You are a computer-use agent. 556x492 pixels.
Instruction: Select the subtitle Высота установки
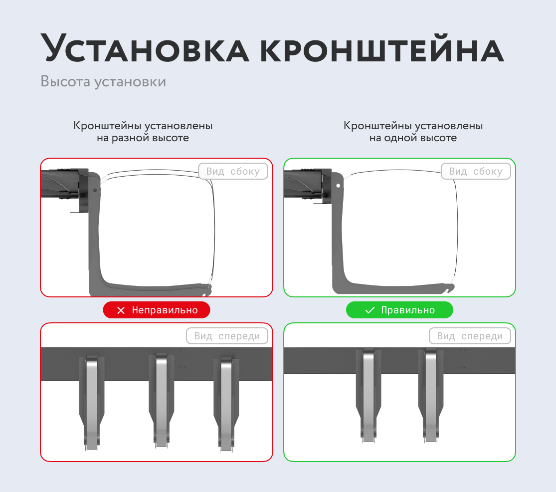(x=103, y=81)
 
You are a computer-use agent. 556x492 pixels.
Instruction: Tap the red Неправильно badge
(x=157, y=310)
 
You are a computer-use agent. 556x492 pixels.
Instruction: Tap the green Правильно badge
(x=399, y=310)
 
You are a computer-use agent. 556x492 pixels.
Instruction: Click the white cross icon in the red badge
(x=121, y=310)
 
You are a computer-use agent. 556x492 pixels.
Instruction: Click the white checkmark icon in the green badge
(x=370, y=310)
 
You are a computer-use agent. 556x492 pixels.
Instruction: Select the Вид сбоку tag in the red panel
(x=233, y=172)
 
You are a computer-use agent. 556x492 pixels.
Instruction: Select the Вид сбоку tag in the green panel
(x=476, y=172)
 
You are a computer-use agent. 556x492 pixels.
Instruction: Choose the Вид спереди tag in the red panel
(x=227, y=336)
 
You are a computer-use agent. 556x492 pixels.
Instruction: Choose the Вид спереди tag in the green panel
(x=470, y=336)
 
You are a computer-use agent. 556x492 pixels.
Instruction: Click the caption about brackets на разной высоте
(x=143, y=132)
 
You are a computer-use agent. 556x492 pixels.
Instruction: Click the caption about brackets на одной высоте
(x=413, y=132)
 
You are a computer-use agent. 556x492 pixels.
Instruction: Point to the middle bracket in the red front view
(x=161, y=399)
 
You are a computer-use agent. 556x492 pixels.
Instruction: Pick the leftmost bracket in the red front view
(x=92, y=402)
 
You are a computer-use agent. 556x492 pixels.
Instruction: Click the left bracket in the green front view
(x=369, y=394)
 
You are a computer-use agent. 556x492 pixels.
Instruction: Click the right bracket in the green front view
(x=431, y=394)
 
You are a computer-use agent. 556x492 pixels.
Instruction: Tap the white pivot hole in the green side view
(x=339, y=185)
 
